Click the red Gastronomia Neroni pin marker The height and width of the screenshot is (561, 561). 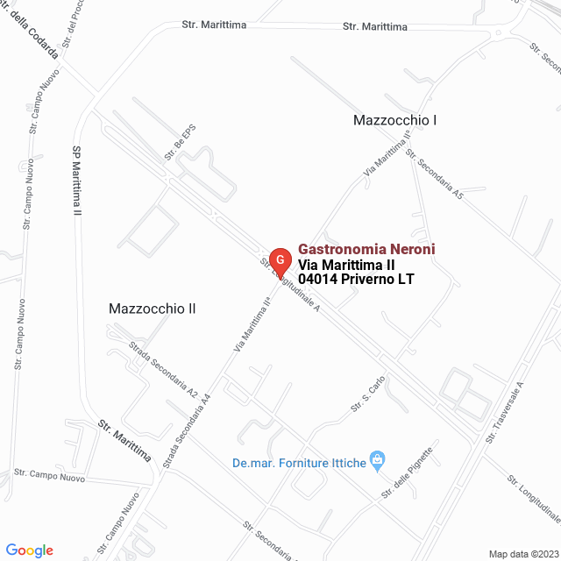point(280,260)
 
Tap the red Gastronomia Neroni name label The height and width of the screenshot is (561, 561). point(366,250)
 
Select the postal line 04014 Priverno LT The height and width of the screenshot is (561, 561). point(356,279)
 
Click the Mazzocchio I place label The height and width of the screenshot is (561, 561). point(394,119)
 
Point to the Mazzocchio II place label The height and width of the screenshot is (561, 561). point(152,309)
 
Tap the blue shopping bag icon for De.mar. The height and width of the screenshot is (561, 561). point(378,458)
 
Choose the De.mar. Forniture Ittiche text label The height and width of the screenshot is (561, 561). point(299,463)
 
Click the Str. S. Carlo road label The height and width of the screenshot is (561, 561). point(369,395)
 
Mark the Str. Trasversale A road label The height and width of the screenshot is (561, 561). point(508,412)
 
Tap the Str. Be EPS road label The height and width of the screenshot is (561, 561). point(180,141)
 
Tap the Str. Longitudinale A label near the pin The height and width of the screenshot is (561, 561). point(289,284)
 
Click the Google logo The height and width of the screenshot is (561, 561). point(28,550)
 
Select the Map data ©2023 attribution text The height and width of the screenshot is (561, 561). point(522,554)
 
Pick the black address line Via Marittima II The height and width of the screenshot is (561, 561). point(347,265)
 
